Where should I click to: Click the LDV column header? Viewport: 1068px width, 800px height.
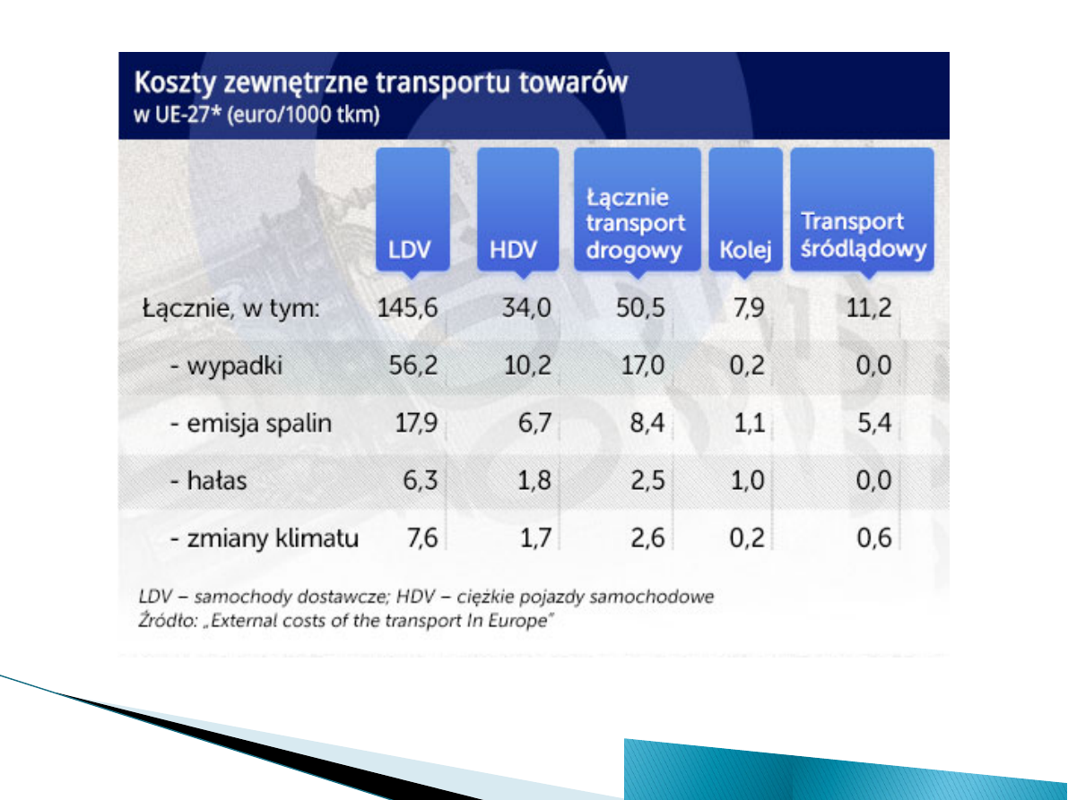(x=412, y=210)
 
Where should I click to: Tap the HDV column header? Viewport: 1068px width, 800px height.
(x=517, y=210)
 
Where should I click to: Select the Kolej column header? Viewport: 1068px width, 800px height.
(x=745, y=210)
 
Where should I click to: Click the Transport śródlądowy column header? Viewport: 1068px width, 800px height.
(x=862, y=210)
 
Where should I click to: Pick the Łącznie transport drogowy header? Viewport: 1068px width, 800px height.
(x=637, y=210)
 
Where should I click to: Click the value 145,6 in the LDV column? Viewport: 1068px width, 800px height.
(x=407, y=309)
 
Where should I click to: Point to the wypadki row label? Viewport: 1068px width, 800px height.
(x=225, y=366)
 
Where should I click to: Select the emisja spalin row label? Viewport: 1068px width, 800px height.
(x=250, y=424)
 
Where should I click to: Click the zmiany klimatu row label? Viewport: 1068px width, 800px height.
(x=264, y=538)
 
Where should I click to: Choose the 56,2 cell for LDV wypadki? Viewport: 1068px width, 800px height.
(x=414, y=366)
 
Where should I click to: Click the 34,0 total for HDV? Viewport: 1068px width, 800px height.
(x=527, y=309)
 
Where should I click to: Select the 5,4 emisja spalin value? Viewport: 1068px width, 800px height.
(x=873, y=424)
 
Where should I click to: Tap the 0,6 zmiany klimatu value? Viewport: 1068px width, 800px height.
(x=873, y=538)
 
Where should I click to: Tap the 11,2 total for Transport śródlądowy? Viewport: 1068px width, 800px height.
(x=871, y=309)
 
